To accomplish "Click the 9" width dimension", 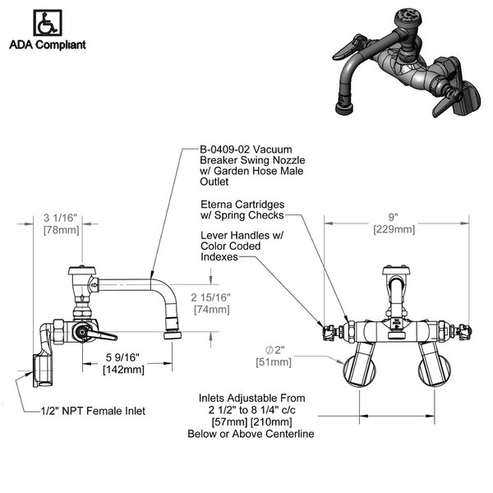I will click(x=394, y=218).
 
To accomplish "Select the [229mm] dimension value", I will click(x=394, y=229).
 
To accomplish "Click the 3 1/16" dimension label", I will click(x=61, y=218).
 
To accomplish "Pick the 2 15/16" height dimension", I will click(x=210, y=297).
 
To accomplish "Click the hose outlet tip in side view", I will click(x=174, y=334).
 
